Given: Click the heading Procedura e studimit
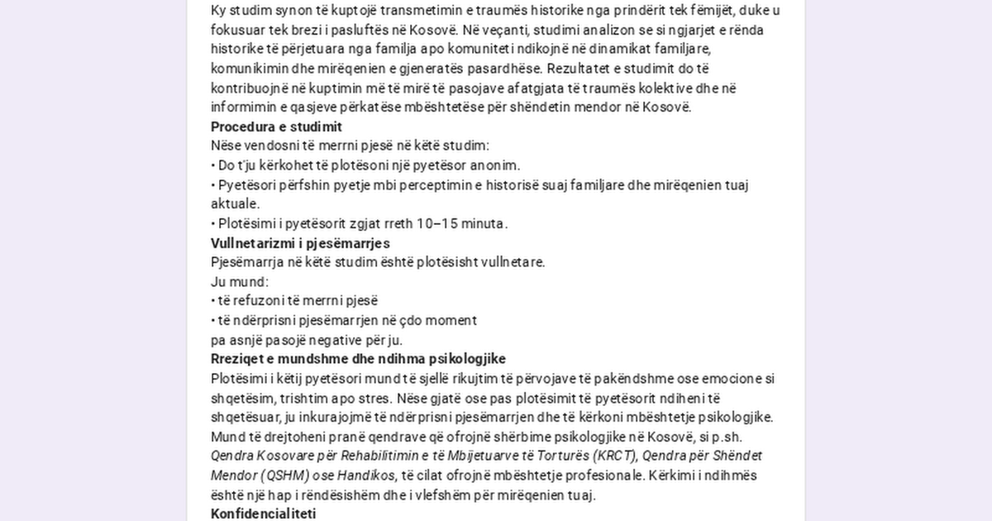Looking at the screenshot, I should pyautogui.click(x=276, y=127).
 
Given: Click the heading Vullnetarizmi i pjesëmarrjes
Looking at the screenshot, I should pyautogui.click(x=300, y=243).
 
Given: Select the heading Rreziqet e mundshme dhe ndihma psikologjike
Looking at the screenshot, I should pyautogui.click(x=358, y=359).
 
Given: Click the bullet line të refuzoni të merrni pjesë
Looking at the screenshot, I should pyautogui.click(x=294, y=300).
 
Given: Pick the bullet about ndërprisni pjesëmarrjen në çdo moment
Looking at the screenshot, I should pyautogui.click(x=344, y=320).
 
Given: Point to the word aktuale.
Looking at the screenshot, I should pyautogui.click(x=235, y=203).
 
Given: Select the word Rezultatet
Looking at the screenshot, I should pyautogui.click(x=577, y=68).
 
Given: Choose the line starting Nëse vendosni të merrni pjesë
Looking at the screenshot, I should pyautogui.click(x=350, y=146).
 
